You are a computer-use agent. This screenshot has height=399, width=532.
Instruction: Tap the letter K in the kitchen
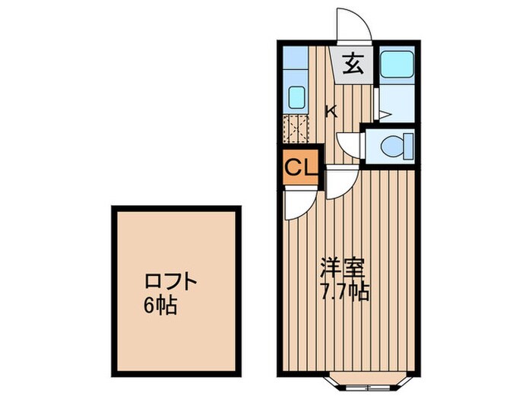tap(331, 112)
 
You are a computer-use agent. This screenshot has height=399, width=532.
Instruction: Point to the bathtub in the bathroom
tap(396, 65)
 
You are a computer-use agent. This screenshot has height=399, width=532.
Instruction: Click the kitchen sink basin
tap(296, 98)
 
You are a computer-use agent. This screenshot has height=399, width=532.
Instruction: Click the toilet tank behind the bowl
tap(409, 145)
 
